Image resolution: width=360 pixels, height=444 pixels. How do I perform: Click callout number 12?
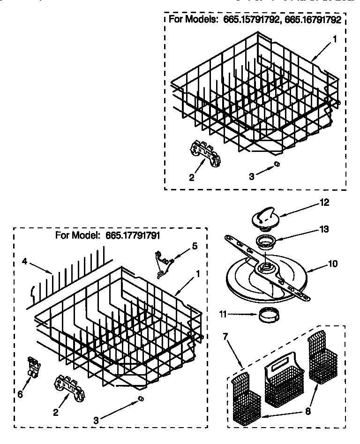(324, 203)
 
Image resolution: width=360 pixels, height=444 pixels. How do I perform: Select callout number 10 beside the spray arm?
(332, 264)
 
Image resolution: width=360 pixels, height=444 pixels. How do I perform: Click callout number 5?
(195, 245)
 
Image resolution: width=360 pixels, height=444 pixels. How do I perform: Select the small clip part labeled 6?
(33, 366)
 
